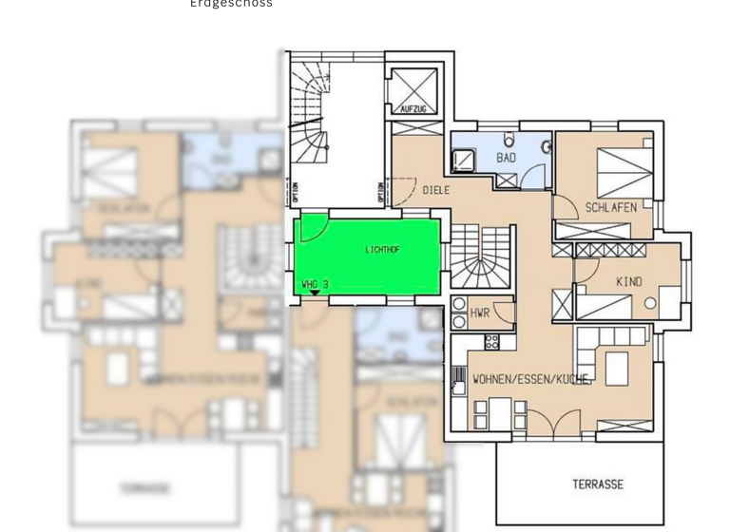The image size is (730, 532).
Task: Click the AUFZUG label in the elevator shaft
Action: [x=414, y=109]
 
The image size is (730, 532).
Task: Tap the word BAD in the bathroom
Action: [x=506, y=158]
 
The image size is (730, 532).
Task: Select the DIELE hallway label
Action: [x=436, y=191]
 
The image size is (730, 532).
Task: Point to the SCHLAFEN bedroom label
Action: [x=610, y=208]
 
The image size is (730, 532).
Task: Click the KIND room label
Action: [x=628, y=282]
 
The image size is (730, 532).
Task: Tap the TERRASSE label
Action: [x=598, y=484]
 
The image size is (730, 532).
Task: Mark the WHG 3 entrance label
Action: [x=315, y=284]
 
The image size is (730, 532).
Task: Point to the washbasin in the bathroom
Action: [x=547, y=148]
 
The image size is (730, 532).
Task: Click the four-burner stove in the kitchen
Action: [x=492, y=343]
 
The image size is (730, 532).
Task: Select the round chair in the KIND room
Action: [x=650, y=303]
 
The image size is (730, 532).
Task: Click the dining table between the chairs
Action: [x=493, y=409]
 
